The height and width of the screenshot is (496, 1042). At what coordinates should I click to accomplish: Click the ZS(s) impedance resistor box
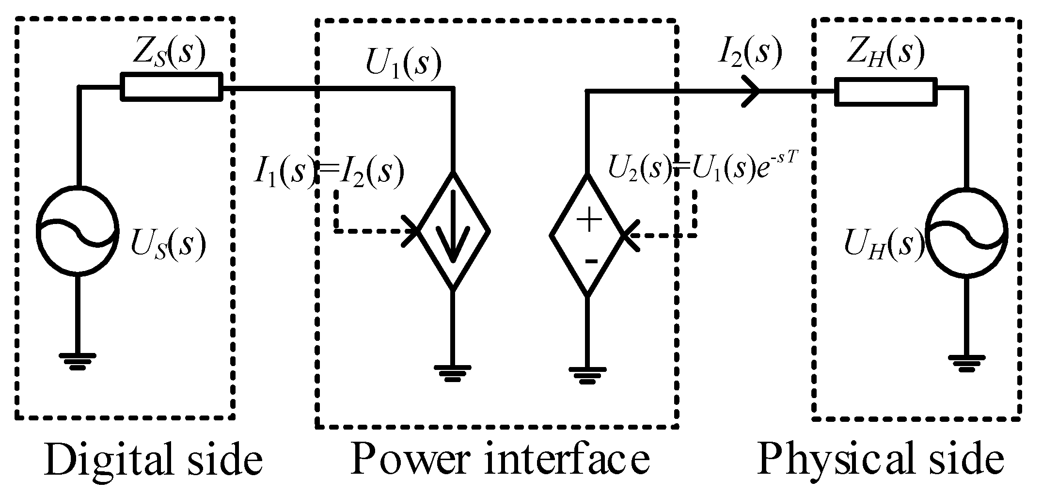(x=172, y=87)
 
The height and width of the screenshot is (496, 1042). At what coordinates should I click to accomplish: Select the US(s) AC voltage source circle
(x=78, y=231)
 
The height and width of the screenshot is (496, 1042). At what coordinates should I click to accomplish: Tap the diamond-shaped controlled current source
(x=453, y=232)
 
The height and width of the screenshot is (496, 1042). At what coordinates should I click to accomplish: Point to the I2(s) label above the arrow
(x=749, y=51)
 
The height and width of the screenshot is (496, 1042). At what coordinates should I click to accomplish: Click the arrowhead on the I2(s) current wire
(x=752, y=91)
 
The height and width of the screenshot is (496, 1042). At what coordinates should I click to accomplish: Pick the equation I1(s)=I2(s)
(x=329, y=172)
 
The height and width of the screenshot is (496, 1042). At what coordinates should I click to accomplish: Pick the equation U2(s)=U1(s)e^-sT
(x=702, y=171)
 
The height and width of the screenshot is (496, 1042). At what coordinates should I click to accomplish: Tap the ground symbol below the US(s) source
(x=78, y=361)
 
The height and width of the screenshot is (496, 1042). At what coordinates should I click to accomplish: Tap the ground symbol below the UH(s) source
(x=966, y=363)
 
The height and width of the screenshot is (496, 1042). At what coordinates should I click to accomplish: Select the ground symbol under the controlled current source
(x=453, y=372)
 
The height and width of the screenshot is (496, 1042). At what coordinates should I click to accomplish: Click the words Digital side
(x=153, y=459)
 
